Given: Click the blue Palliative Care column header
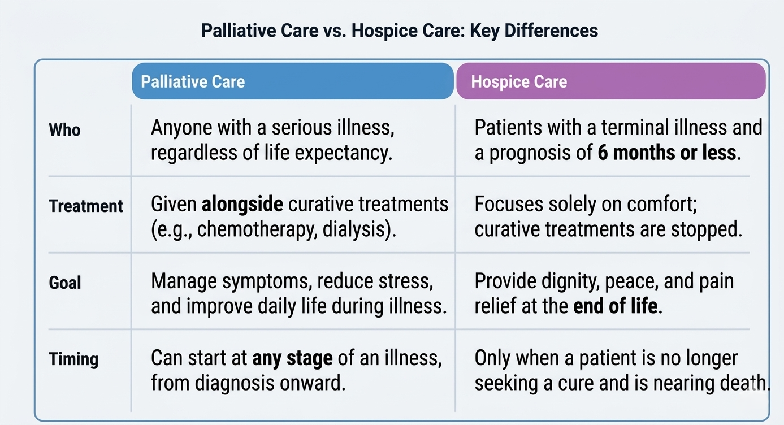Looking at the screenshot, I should (x=292, y=81).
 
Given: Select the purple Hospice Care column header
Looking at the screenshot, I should (x=610, y=81).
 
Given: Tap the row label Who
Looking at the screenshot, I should (x=64, y=130).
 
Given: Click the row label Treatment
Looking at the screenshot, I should (x=85, y=206).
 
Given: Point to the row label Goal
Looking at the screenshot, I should (x=65, y=282).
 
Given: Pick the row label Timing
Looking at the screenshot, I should (x=73, y=359).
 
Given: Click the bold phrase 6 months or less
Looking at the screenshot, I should (x=668, y=153).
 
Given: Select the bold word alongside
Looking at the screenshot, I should (x=242, y=204).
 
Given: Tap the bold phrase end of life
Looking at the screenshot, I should (x=616, y=306).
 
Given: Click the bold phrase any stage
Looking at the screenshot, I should (x=292, y=358).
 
